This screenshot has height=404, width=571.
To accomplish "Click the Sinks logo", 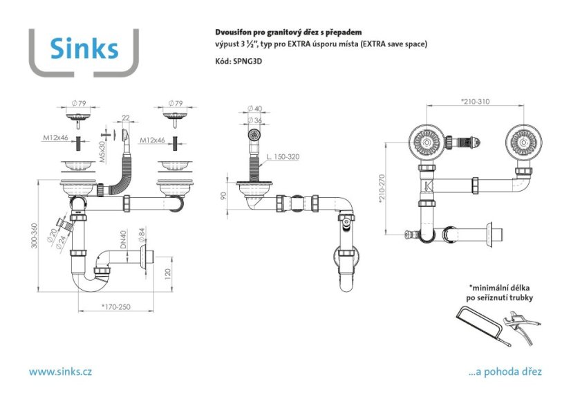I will click(84, 48).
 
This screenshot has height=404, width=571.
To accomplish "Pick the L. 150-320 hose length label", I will click(283, 157).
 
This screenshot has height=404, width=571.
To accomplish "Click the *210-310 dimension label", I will click(474, 102).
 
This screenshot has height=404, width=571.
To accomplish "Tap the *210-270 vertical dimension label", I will click(382, 187).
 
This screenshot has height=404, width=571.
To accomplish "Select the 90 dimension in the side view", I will click(223, 196).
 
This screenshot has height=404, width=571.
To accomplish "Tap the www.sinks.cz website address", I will click(60, 371).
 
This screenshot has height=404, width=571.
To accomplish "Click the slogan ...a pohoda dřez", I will click(505, 371).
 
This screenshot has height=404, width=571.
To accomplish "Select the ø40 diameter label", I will click(254, 109).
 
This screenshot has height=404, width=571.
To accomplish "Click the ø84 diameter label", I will click(140, 235).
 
